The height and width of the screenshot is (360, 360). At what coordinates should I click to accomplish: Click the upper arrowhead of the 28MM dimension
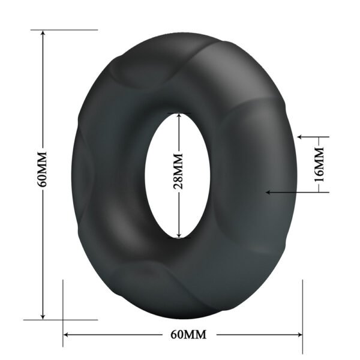[178, 115]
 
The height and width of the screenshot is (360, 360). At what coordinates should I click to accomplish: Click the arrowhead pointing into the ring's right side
[269, 192]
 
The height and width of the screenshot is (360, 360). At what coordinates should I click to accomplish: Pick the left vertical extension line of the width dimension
[63, 312]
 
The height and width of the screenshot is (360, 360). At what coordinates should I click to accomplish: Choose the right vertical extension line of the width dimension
[303, 312]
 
